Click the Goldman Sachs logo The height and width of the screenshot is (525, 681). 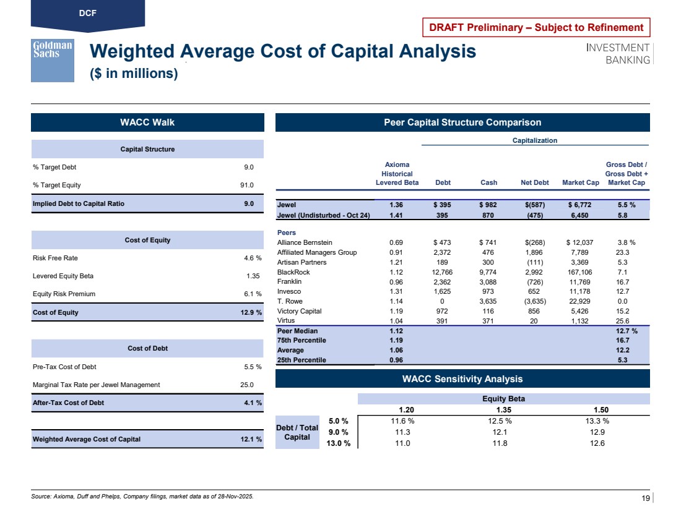pyautogui.click(x=53, y=60)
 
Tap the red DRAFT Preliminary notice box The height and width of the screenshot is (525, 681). pyautogui.click(x=537, y=27)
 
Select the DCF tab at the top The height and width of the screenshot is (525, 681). pyautogui.click(x=87, y=12)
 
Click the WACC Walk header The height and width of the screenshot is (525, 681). pyautogui.click(x=147, y=122)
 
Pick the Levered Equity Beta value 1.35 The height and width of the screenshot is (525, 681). pyautogui.click(x=253, y=276)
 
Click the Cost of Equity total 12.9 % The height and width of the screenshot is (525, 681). pyautogui.click(x=251, y=312)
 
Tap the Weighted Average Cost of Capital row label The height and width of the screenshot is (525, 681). pyautogui.click(x=87, y=439)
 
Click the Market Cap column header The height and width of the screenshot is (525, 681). pyautogui.click(x=580, y=182)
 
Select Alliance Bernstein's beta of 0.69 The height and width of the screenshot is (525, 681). pyautogui.click(x=397, y=242)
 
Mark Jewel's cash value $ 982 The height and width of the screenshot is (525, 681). pyautogui.click(x=488, y=205)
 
